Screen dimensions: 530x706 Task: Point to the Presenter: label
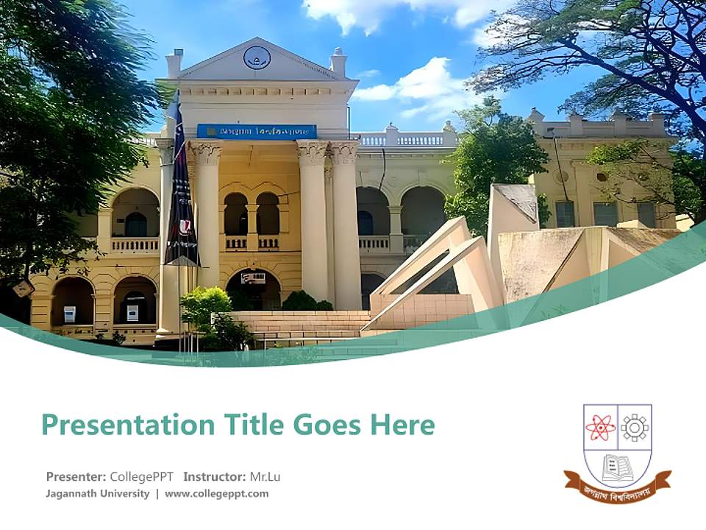[x=76, y=476]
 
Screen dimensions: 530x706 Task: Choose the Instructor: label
[x=214, y=476]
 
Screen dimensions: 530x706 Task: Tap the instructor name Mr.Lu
[x=265, y=476]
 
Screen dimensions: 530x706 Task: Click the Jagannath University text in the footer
[x=98, y=494]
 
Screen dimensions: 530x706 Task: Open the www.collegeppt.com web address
[x=216, y=494]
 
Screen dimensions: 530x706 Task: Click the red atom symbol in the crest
[x=600, y=427]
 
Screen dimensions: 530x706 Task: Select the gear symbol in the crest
[x=634, y=427]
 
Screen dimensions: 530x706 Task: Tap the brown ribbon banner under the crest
[x=617, y=488]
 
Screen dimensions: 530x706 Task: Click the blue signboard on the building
[x=257, y=131]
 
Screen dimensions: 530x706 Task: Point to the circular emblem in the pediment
[x=257, y=57]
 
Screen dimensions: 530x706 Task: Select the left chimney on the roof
[x=174, y=63]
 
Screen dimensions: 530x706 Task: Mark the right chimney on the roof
[x=338, y=62]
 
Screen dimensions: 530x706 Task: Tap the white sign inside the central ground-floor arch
[x=253, y=278]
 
